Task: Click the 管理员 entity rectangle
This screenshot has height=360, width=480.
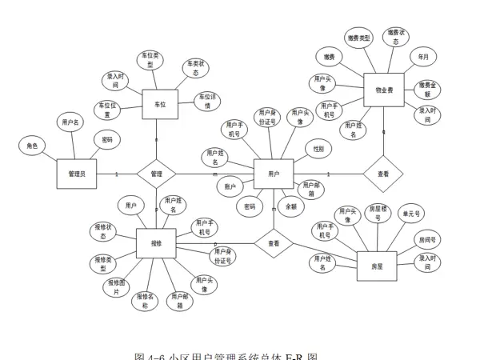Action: tap(77, 174)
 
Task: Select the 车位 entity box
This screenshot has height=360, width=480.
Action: tap(159, 103)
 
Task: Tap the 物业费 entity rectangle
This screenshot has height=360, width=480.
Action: tap(384, 90)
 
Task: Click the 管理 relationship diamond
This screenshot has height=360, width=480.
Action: tap(156, 174)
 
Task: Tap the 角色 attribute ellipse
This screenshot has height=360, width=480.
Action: tap(32, 146)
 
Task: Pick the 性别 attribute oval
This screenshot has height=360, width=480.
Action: tap(318, 149)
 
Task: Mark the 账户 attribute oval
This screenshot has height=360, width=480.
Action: tap(230, 186)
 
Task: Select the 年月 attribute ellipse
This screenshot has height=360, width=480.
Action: tap(423, 58)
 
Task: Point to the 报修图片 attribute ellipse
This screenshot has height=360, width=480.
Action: tap(116, 287)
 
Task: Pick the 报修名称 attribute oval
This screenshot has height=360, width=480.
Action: tap(146, 301)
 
